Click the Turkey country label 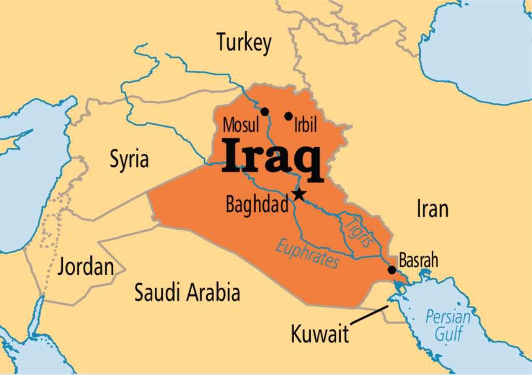click(244, 43)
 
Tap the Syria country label click(129, 159)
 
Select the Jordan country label click(86, 266)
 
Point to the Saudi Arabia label click(187, 293)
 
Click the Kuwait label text click(319, 334)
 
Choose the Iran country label click(432, 209)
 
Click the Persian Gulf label click(448, 325)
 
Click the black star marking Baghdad click(299, 195)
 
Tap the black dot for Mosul click(265, 111)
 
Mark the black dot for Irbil click(288, 116)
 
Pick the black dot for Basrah click(392, 270)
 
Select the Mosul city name click(241, 126)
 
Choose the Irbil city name click(305, 126)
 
